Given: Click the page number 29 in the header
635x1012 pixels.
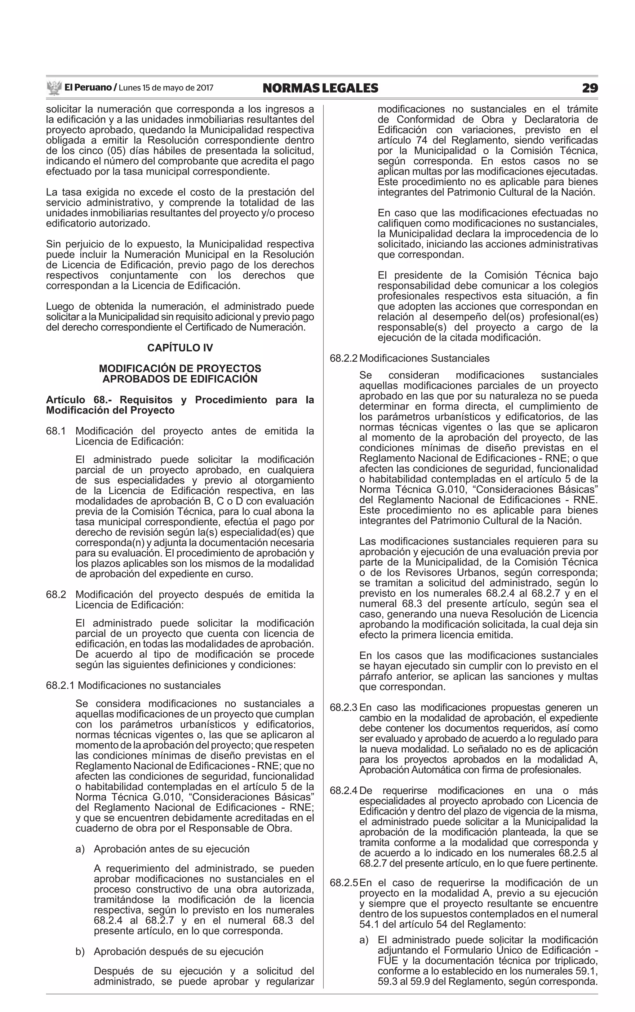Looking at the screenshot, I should pos(590,88).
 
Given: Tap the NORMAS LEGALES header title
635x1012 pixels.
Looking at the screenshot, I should pos(320,88).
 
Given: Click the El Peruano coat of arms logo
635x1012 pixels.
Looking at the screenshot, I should pos(54,88).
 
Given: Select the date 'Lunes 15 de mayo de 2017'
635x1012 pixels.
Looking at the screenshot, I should pos(166,88).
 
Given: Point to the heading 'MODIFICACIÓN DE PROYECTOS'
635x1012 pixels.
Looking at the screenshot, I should pos(180,368).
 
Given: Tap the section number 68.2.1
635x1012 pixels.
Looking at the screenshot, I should pos(60,685).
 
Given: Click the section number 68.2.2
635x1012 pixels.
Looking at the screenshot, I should pos(344,358).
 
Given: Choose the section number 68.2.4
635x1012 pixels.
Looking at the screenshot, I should pos(344,791).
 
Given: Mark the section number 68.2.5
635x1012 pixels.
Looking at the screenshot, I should pos(344,883).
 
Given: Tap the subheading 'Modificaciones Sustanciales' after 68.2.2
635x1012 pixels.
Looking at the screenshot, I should pos(424,358).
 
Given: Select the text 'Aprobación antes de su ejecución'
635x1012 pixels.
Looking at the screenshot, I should pos(171,849).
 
